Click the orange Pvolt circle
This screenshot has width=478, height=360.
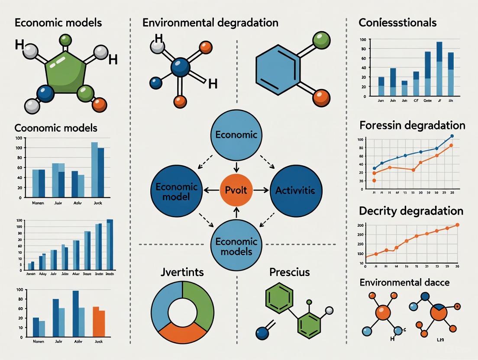236,190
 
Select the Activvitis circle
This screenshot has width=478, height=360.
296,190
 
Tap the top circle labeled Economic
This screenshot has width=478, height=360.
236,134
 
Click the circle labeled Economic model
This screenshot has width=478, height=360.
176,190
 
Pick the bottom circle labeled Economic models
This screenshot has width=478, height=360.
236,246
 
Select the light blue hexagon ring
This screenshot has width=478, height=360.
277,69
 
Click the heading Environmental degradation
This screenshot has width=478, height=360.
210,22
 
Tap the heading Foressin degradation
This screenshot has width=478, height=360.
412,125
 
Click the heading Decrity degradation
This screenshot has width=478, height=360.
411,211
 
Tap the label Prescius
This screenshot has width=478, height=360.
290,273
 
